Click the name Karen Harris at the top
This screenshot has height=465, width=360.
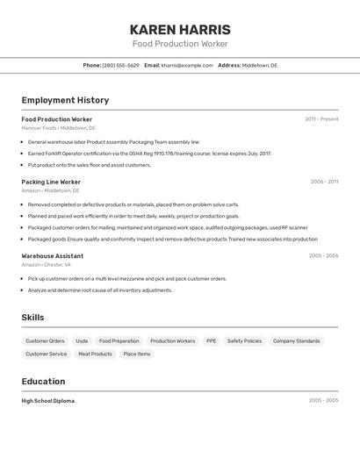pyautogui.click(x=180, y=29)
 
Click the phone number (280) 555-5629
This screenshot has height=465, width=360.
pyautogui.click(x=120, y=65)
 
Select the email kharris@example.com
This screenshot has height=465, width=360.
pyautogui.click(x=187, y=65)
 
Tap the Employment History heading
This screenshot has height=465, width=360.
pyautogui.click(x=65, y=100)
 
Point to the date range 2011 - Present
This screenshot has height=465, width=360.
pyautogui.click(x=321, y=119)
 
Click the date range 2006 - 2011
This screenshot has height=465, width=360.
pyautogui.click(x=324, y=182)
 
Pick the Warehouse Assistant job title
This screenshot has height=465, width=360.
pyautogui.click(x=53, y=255)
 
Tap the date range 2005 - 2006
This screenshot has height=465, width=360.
pyautogui.click(x=323, y=255)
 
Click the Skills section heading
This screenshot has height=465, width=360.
pyautogui.click(x=32, y=318)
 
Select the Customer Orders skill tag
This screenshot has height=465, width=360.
pyautogui.click(x=45, y=340)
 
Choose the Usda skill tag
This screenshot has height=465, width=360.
pyautogui.click(x=82, y=340)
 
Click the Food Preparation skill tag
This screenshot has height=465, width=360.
pyautogui.click(x=119, y=340)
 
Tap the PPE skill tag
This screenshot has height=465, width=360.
pyautogui.click(x=211, y=340)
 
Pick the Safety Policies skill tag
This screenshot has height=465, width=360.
pyautogui.click(x=244, y=340)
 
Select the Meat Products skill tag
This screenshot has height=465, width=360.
pyautogui.click(x=95, y=354)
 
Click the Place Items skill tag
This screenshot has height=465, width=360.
pyautogui.click(x=137, y=354)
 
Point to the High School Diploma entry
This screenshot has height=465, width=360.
pyautogui.click(x=48, y=401)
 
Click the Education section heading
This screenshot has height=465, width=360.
pyautogui.click(x=43, y=382)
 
